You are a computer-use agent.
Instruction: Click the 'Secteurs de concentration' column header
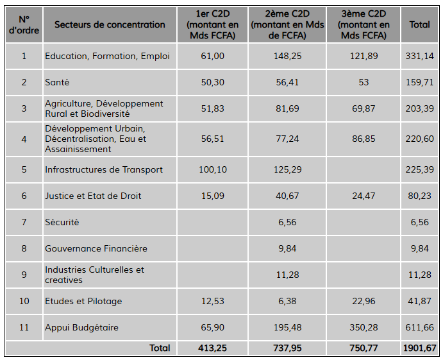(110, 24)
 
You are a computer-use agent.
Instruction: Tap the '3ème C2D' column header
(364, 24)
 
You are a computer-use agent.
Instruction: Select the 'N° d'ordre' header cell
(24, 24)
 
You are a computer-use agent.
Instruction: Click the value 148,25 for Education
(287, 56)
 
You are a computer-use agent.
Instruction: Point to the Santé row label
(57, 82)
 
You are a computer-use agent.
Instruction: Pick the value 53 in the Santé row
(364, 82)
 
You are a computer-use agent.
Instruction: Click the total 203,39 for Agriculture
(419, 108)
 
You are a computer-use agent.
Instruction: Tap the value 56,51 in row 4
(212, 139)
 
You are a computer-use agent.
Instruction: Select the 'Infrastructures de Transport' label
(104, 169)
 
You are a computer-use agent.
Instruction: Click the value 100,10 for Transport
(212, 169)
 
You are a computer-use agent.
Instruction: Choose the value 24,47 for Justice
(364, 196)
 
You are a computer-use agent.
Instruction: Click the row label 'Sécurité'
(62, 222)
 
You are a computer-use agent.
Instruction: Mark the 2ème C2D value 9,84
(287, 248)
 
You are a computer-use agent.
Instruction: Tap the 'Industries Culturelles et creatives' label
(94, 275)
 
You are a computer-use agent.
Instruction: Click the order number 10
(24, 301)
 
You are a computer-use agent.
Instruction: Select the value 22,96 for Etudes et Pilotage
(364, 301)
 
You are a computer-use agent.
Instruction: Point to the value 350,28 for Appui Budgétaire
(364, 327)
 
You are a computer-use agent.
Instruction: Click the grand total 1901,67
(419, 348)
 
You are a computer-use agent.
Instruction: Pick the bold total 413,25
(212, 348)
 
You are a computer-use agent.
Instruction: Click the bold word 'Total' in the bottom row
(160, 348)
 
